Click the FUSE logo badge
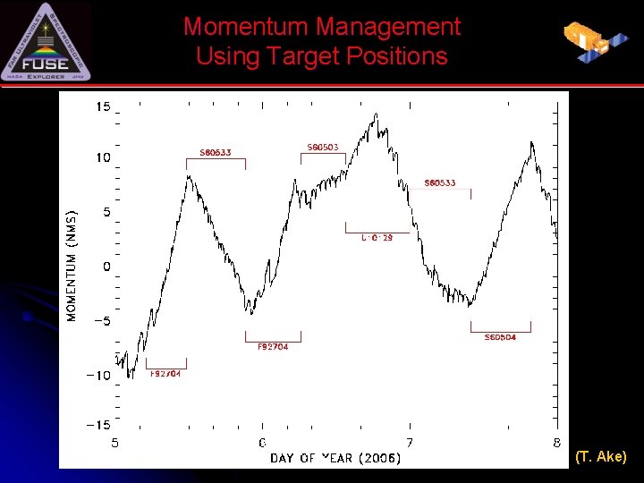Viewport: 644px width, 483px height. pos(47,42)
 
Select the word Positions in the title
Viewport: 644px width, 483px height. pos(395,56)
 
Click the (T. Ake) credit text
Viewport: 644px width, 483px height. pos(601,457)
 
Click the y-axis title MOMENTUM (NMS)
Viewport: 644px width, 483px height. pos(72,266)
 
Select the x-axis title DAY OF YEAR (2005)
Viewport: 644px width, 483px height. pos(335,458)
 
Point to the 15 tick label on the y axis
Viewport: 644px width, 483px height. pos(103,107)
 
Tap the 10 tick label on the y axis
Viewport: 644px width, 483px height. pos(103,157)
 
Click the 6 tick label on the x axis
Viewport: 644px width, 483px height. pos(262,443)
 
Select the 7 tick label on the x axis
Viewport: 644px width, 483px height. pos(410,443)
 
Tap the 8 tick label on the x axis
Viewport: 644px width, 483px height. pos(556,443)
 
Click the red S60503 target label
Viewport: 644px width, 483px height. pos(323,147)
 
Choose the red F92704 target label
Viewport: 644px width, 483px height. pos(273,346)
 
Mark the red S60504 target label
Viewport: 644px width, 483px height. pos(500,337)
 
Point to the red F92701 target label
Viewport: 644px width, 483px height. pos(165,373)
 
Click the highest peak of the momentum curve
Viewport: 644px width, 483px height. pos(376,114)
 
